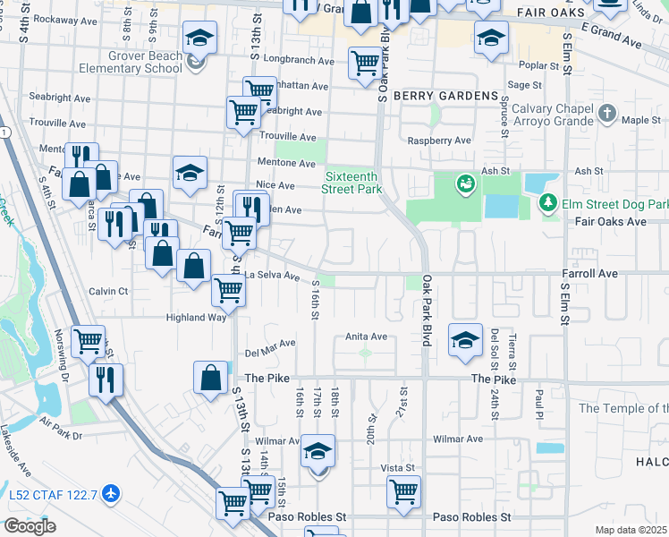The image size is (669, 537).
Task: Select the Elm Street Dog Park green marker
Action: click(548, 203)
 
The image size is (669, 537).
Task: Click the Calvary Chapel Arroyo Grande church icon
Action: click(608, 114)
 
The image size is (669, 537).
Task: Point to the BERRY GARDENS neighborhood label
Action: click(449, 96)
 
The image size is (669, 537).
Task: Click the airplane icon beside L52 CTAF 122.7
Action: click(110, 491)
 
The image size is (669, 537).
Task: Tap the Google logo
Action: click(30, 526)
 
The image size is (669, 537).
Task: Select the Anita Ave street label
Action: click(367, 337)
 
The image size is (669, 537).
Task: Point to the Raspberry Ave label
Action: click(438, 141)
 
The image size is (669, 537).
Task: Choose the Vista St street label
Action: click(398, 467)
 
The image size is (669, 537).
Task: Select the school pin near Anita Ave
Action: click(465, 340)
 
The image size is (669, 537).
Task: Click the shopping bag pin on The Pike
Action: click(211, 377)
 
